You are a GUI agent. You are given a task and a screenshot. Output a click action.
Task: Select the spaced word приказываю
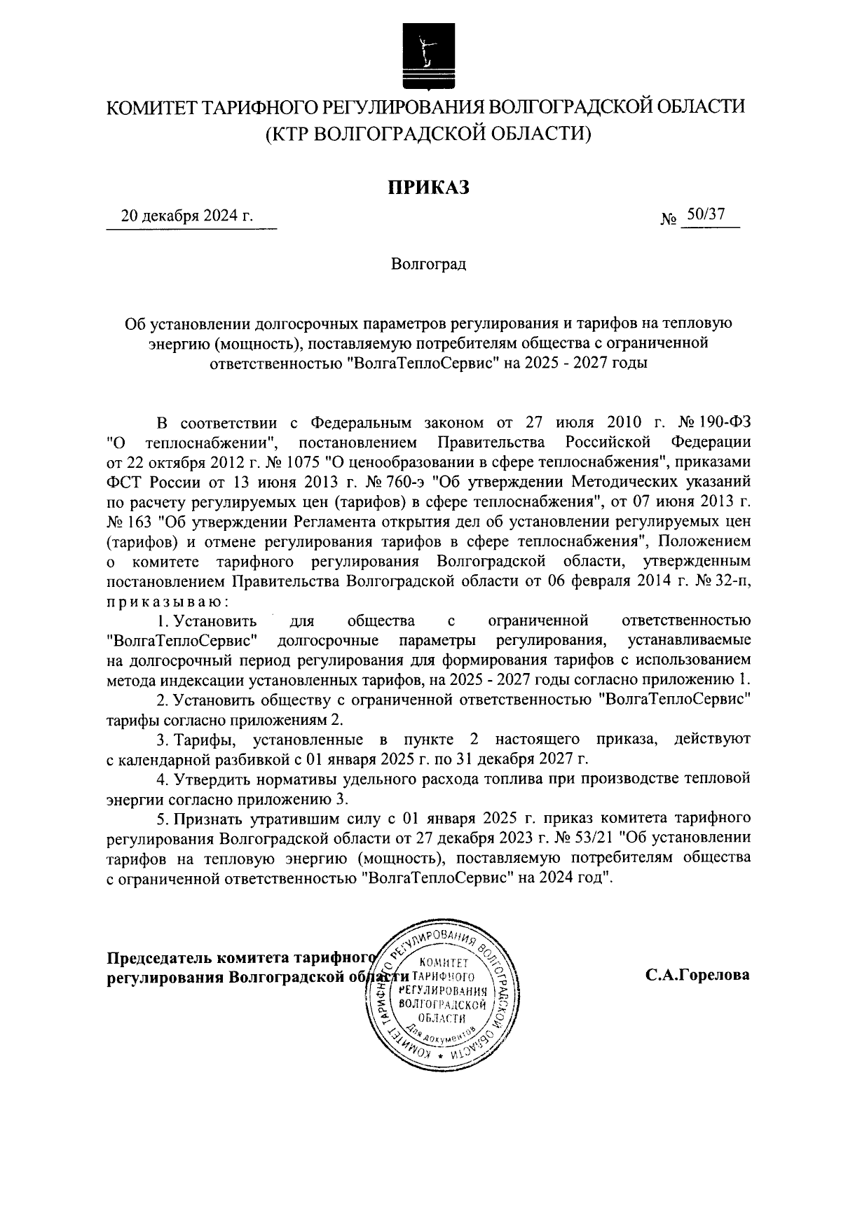pos(166,601)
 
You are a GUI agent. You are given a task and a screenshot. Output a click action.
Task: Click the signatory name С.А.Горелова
pos(698,974)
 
